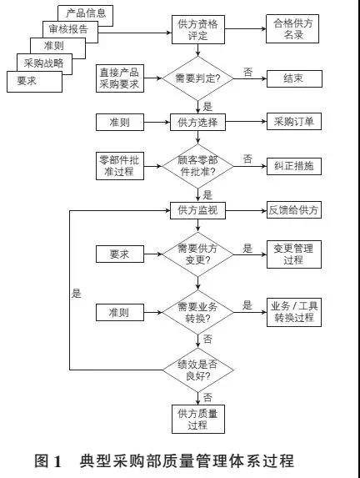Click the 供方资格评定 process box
point(198,29)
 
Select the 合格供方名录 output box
point(292,28)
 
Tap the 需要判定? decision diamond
point(198,78)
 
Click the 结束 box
point(294,78)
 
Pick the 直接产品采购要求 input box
point(120,78)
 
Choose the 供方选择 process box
point(197,123)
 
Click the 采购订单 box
point(294,121)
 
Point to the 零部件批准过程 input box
point(120,166)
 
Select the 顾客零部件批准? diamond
point(198,167)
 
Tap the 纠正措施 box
point(294,166)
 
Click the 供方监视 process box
point(197,210)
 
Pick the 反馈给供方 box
point(294,209)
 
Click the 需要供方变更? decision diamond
point(198,254)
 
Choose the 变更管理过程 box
point(294,254)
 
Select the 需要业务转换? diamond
point(198,313)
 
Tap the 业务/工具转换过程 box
point(294,312)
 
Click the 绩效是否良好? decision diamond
point(198,370)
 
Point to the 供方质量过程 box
point(198,419)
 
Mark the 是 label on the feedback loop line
point(76,294)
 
